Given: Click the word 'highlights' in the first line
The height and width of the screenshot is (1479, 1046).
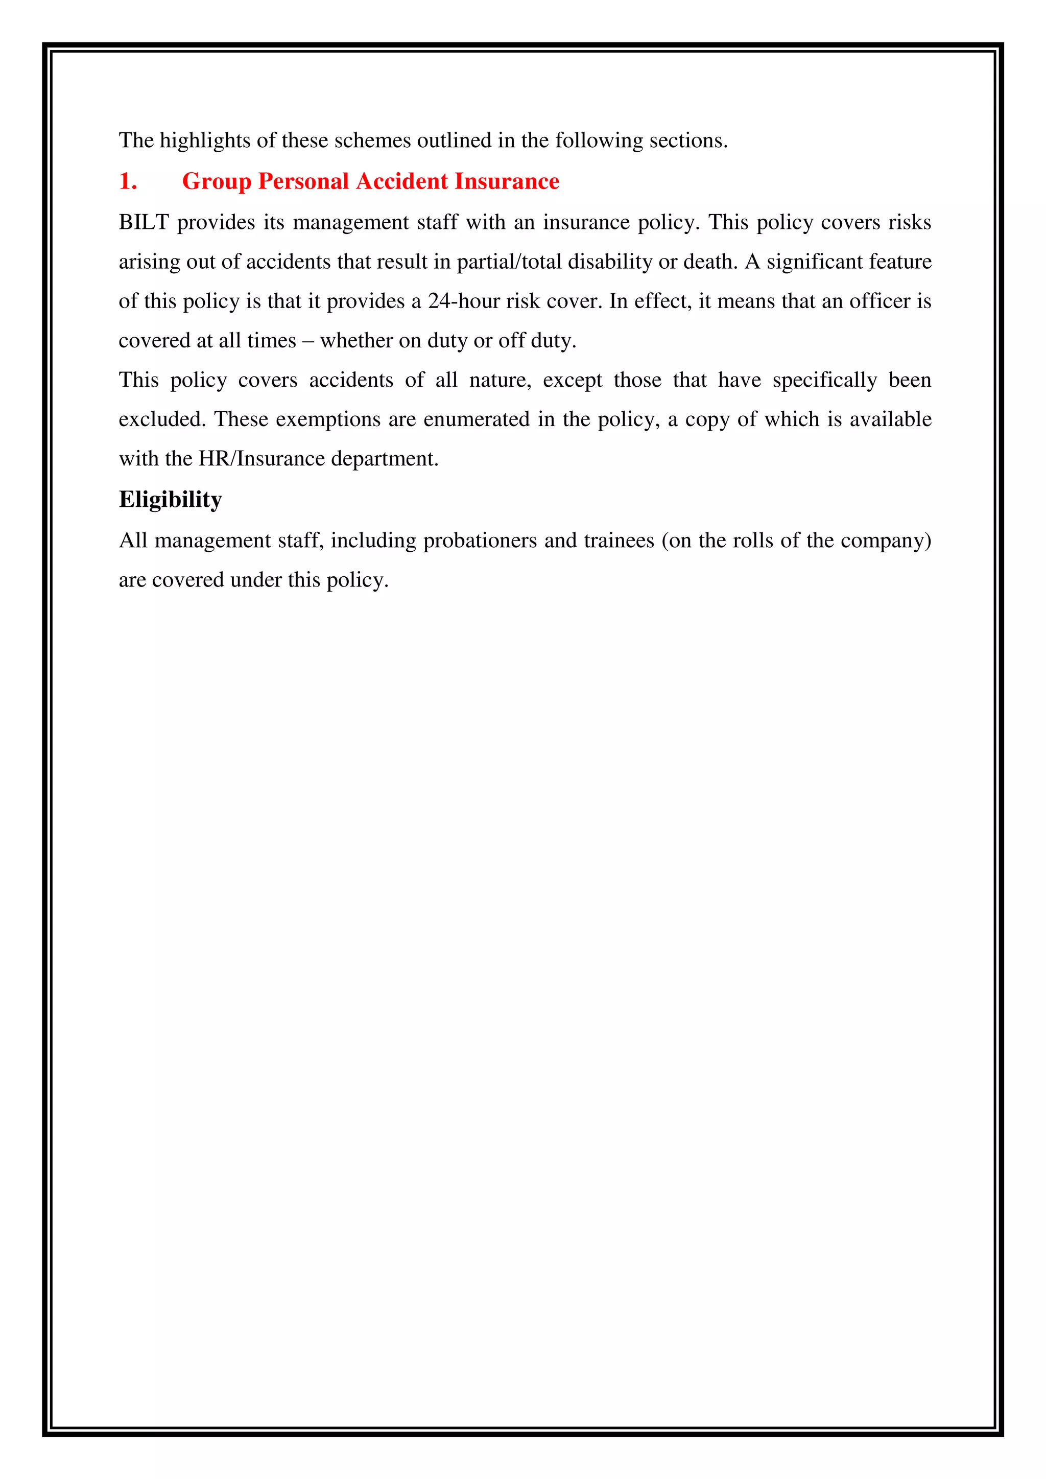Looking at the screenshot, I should pos(205,140).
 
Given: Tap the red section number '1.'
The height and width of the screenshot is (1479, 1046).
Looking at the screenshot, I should pos(128,182).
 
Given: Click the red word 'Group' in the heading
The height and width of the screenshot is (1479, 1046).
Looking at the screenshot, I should pos(217,182).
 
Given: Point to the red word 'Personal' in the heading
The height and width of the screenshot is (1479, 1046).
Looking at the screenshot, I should pos(303,182).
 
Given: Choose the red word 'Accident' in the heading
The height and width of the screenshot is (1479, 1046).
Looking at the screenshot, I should pos(402,182).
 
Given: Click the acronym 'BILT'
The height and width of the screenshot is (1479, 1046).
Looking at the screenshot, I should pos(144,222).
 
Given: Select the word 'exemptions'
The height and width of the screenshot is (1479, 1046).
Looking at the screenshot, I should pos(328,419).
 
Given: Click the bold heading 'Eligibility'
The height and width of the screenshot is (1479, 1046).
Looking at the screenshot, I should pos(170,499).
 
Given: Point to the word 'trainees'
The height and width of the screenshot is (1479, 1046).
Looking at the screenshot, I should pos(619,540).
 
